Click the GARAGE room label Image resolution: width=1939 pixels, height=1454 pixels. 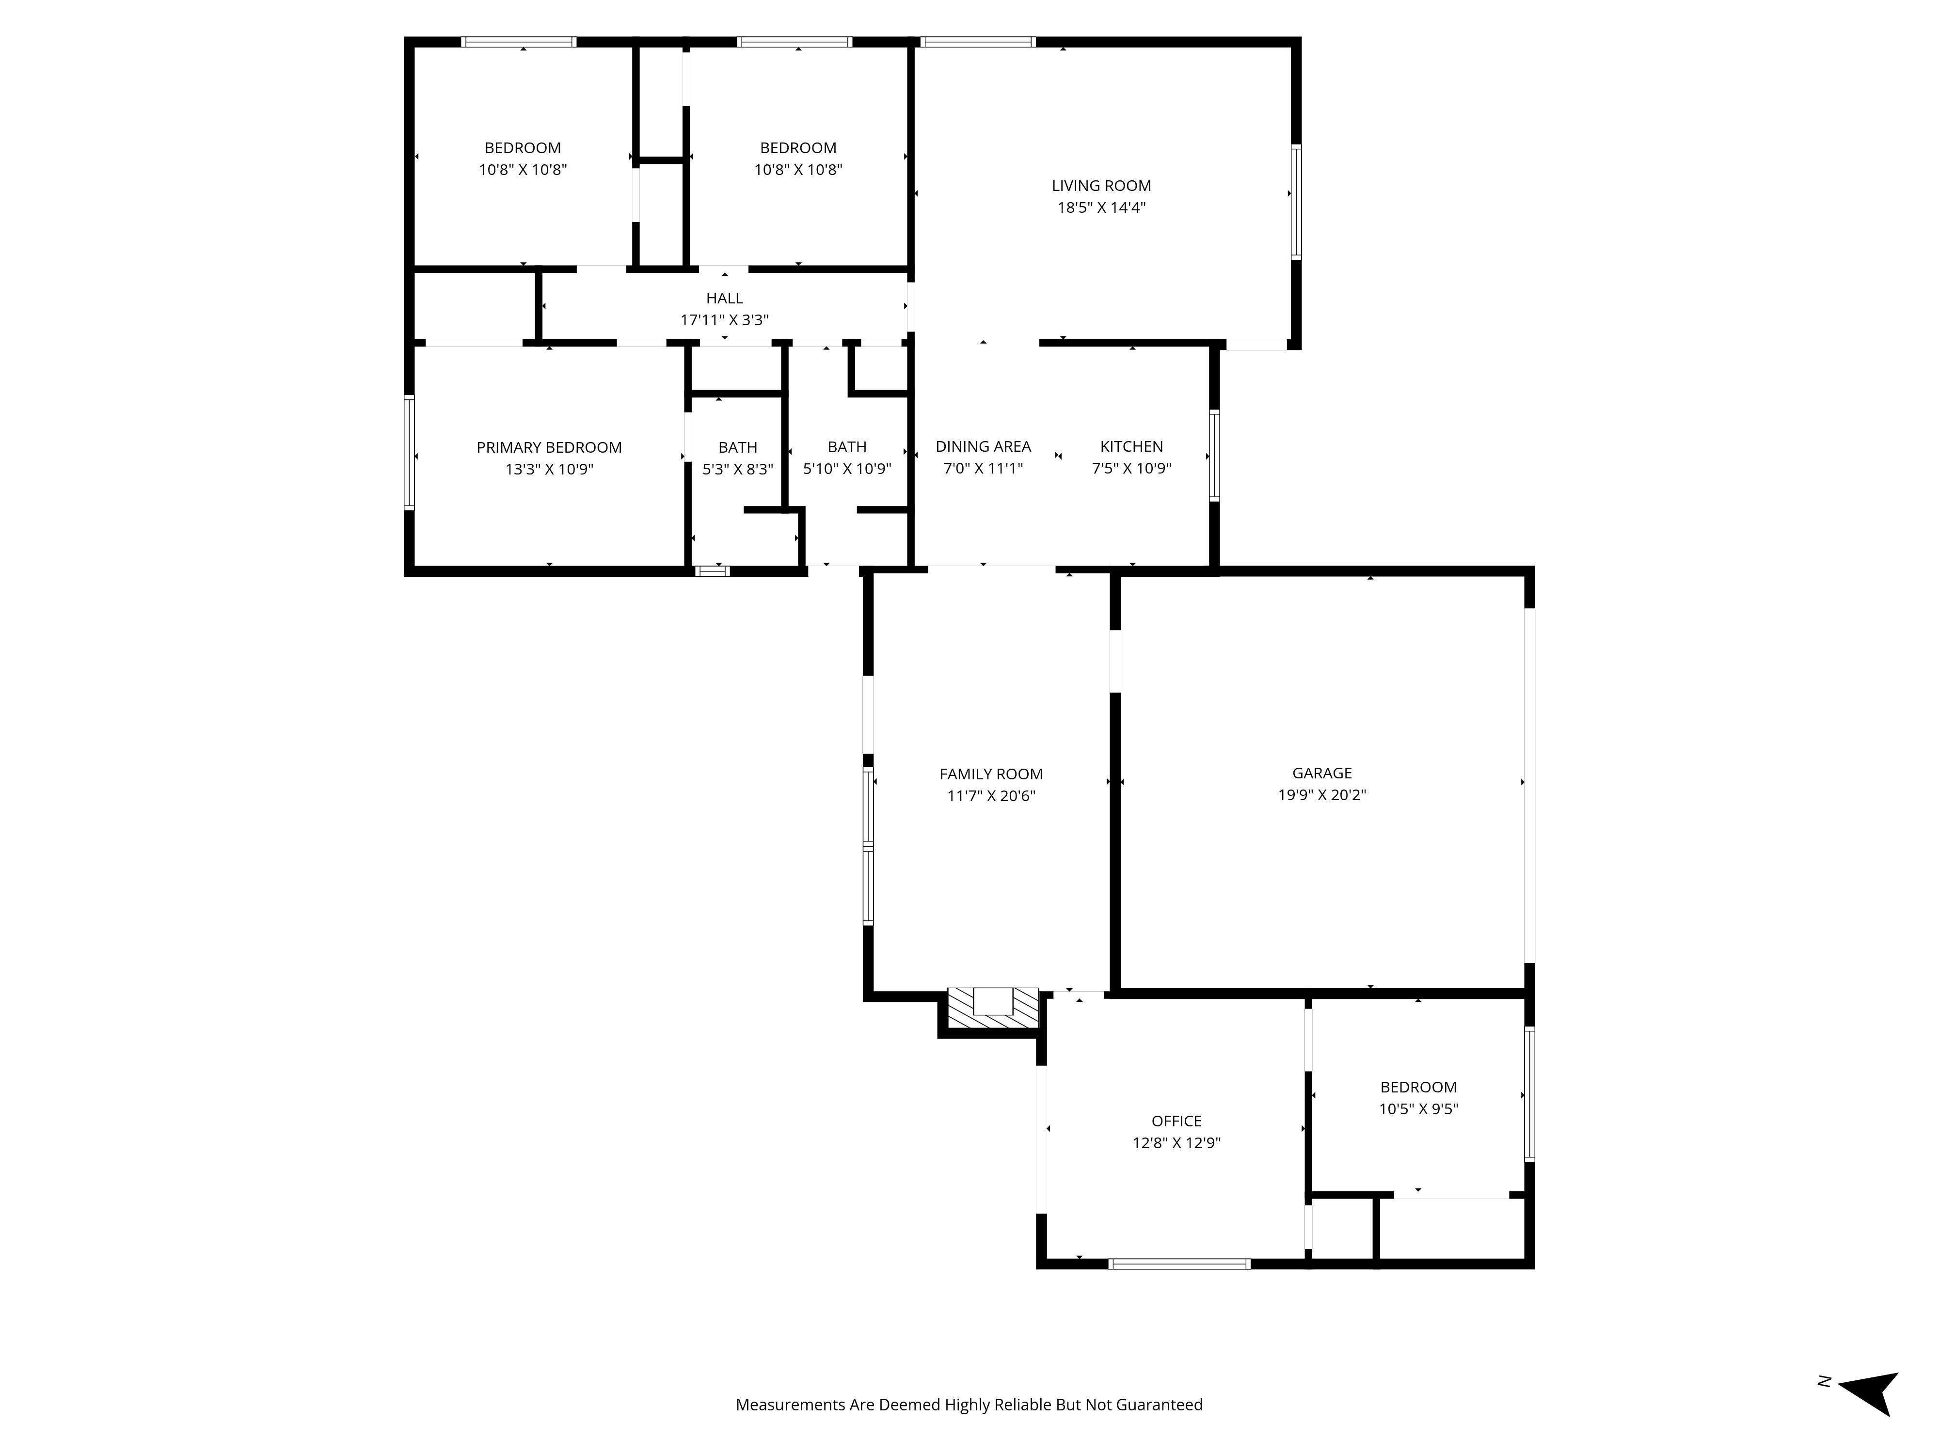point(1322,773)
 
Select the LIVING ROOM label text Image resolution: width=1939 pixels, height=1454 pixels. point(1101,186)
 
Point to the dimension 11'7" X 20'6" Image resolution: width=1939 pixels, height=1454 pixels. point(991,796)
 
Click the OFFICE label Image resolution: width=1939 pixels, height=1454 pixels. point(1176,1121)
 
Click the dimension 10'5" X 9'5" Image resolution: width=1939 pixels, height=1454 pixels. point(1418,1109)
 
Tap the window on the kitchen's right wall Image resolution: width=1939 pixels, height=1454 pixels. point(1214,456)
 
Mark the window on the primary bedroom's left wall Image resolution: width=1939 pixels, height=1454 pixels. point(409,453)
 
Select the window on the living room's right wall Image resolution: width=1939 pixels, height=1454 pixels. point(1296,202)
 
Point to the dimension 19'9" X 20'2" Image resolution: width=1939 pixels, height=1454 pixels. point(1322,795)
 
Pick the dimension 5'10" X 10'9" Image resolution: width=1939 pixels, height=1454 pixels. point(847,469)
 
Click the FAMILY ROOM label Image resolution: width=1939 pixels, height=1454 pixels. point(991,774)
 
